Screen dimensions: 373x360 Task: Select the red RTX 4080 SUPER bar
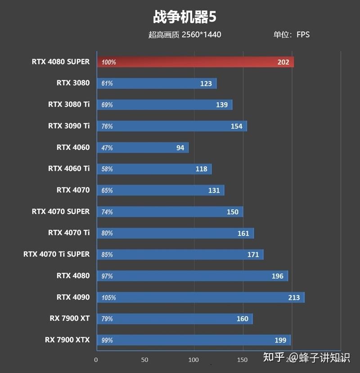(x=195, y=62)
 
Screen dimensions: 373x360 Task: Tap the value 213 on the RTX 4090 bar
(x=294, y=297)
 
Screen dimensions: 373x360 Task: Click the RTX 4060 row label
(x=73, y=147)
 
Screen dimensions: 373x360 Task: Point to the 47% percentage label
(x=107, y=148)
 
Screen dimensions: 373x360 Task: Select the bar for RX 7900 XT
(x=175, y=319)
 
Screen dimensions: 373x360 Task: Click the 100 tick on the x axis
(x=193, y=360)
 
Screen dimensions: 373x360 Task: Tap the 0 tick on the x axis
(x=96, y=360)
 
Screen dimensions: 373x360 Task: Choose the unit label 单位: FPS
(x=291, y=34)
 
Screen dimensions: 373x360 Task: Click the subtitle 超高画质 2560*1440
(x=184, y=35)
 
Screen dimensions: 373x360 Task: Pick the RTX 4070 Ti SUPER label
(x=56, y=254)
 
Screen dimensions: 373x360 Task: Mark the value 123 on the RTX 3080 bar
(x=206, y=84)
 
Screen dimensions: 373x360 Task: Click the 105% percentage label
(x=108, y=297)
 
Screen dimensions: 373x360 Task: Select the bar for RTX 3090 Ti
(x=172, y=126)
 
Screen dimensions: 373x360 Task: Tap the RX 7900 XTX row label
(x=67, y=340)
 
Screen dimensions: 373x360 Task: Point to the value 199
(x=280, y=340)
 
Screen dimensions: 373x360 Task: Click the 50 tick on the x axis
(x=144, y=360)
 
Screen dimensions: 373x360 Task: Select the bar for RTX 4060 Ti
(x=154, y=169)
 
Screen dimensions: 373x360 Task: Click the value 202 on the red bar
(x=283, y=62)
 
